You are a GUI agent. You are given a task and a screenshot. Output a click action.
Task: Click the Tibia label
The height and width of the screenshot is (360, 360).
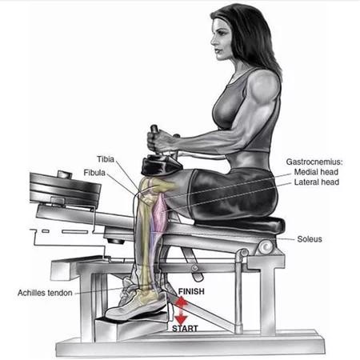tap(106, 159)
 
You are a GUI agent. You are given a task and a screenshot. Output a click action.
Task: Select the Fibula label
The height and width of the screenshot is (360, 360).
tap(94, 173)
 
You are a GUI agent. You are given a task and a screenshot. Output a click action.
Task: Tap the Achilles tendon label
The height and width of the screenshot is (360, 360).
tap(45, 293)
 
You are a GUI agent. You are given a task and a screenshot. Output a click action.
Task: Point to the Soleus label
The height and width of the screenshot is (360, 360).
tap(310, 239)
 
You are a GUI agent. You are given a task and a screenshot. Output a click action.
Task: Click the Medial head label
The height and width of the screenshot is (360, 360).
tap(316, 172)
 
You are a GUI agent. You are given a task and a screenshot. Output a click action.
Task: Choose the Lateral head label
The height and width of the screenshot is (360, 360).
tap(317, 182)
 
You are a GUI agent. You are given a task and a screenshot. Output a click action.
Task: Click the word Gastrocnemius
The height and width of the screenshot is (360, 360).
tap(314, 162)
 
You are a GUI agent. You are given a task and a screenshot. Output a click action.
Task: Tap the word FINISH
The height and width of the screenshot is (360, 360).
tap(191, 291)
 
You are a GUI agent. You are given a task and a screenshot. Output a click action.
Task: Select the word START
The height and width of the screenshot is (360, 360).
tap(185, 328)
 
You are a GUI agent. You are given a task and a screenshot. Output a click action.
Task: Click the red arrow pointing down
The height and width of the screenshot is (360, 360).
tap(181, 317)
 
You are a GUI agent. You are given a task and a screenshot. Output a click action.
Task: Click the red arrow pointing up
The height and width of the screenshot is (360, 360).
tap(182, 302)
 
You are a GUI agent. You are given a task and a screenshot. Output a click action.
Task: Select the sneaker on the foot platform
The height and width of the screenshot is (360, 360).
tap(136, 302)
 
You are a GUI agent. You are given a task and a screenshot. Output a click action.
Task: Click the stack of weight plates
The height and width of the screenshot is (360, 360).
tap(66, 189)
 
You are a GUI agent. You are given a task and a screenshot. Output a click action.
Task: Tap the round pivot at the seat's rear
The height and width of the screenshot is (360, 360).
tap(266, 247)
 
